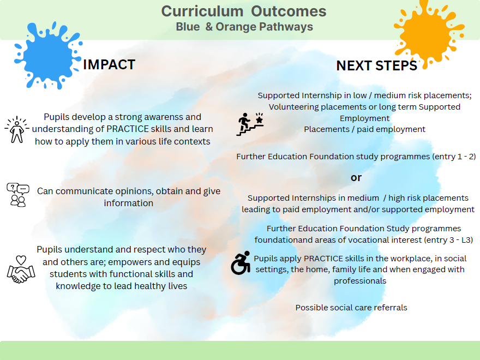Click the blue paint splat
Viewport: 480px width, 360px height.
47,57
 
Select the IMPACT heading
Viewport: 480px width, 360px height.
109,64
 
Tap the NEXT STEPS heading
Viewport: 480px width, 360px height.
376,65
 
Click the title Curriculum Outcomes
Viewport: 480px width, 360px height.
244,11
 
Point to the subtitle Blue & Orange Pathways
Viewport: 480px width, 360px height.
244,27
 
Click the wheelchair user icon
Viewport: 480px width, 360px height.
241,263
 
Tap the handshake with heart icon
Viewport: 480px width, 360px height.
21,269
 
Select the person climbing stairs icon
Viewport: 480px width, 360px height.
249,124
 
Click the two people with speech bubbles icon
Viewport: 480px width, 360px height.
18,195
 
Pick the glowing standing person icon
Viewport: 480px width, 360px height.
17,129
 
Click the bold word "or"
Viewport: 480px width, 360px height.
356,177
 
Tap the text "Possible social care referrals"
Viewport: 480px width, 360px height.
351,307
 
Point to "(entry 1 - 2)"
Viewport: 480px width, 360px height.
454,157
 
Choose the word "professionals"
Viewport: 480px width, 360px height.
360,281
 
